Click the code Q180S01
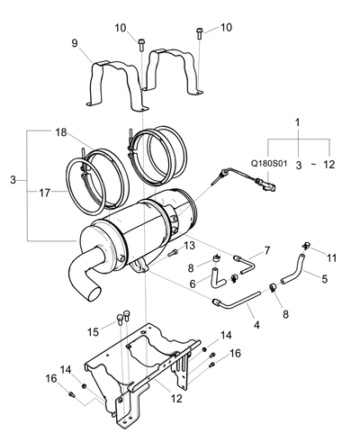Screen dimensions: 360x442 [269, 164]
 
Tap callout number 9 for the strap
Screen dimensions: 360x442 [75, 43]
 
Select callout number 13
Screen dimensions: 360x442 [189, 246]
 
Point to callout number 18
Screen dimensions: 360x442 [61, 132]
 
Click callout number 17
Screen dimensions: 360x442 [45, 193]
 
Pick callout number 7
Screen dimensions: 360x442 [266, 250]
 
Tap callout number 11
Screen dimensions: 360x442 [331, 257]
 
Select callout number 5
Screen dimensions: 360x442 [324, 279]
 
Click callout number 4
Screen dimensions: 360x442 [256, 325]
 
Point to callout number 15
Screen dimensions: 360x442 [94, 332]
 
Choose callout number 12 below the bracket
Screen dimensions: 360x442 [176, 399]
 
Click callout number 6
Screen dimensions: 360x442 [193, 284]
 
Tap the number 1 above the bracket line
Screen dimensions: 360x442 [297, 122]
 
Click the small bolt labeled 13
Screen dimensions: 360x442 [172, 254]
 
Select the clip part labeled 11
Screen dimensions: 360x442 [306, 246]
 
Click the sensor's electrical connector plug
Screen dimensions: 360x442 [268, 185]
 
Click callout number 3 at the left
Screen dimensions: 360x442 [13, 180]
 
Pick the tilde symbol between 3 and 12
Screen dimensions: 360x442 [313, 165]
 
